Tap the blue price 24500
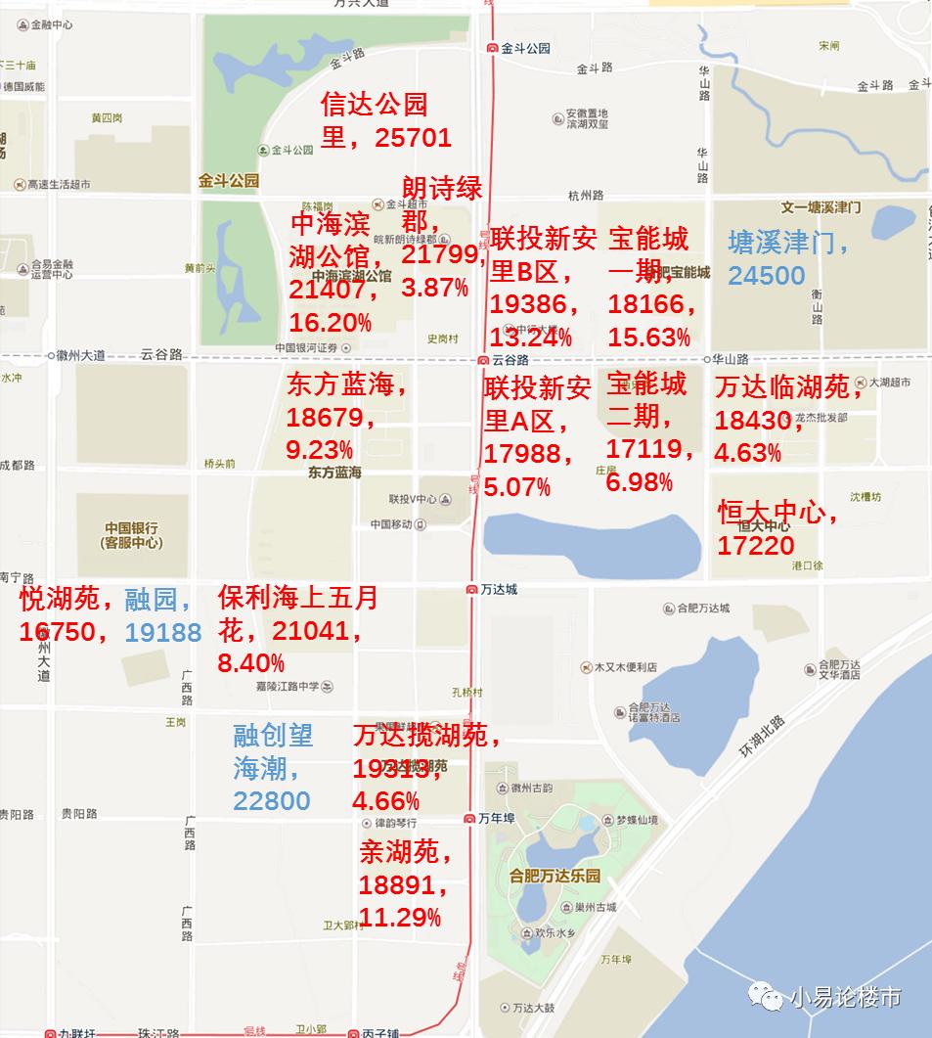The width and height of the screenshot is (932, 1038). (766, 276)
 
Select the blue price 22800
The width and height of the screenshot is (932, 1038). (271, 801)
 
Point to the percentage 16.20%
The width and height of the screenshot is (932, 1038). (330, 322)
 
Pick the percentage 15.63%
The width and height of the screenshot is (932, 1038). (648, 338)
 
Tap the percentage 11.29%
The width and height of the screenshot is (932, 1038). (400, 918)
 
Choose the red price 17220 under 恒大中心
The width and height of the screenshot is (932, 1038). (756, 545)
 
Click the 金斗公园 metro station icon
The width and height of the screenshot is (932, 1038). (493, 48)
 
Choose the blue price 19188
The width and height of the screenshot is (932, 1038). (163, 632)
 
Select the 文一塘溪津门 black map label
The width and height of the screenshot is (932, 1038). (821, 207)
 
